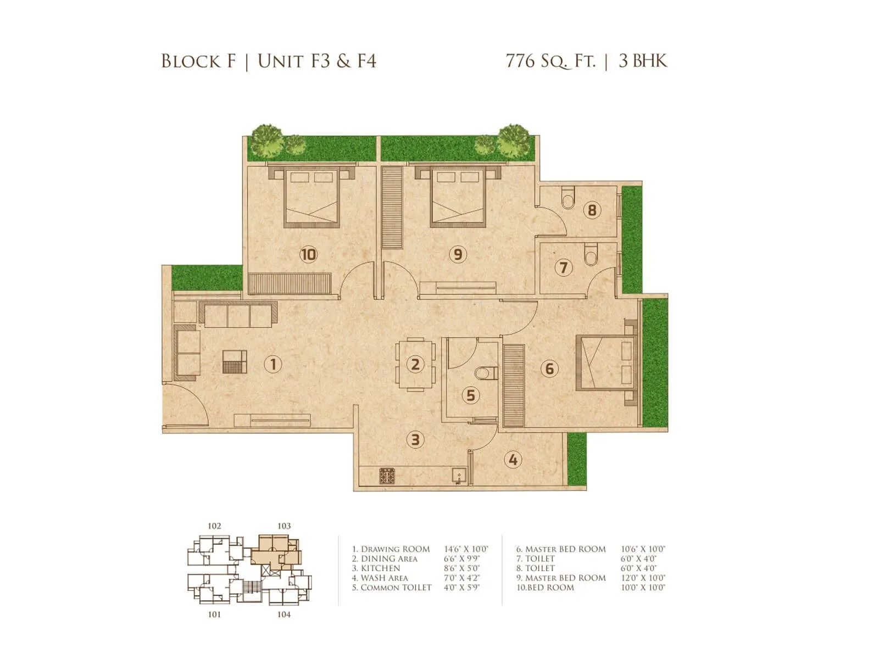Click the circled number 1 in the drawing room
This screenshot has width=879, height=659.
[273, 364]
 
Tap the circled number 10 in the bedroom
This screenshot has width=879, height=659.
[308, 254]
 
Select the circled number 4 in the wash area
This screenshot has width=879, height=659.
[513, 460]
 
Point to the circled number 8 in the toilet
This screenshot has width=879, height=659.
[592, 210]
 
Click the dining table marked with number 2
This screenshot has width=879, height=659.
[415, 364]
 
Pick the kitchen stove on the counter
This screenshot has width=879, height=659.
[387, 476]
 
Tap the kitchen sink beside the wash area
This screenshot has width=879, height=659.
[459, 476]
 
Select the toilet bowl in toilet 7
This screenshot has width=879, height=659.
[591, 255]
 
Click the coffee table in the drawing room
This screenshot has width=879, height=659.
[235, 362]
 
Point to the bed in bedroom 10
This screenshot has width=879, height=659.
[310, 198]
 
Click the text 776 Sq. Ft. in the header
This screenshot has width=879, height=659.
[550, 60]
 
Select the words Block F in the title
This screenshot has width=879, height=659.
[198, 61]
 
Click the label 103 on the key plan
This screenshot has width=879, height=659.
[284, 526]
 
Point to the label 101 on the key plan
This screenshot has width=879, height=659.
[214, 615]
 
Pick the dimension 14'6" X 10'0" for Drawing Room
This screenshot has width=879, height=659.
[466, 549]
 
